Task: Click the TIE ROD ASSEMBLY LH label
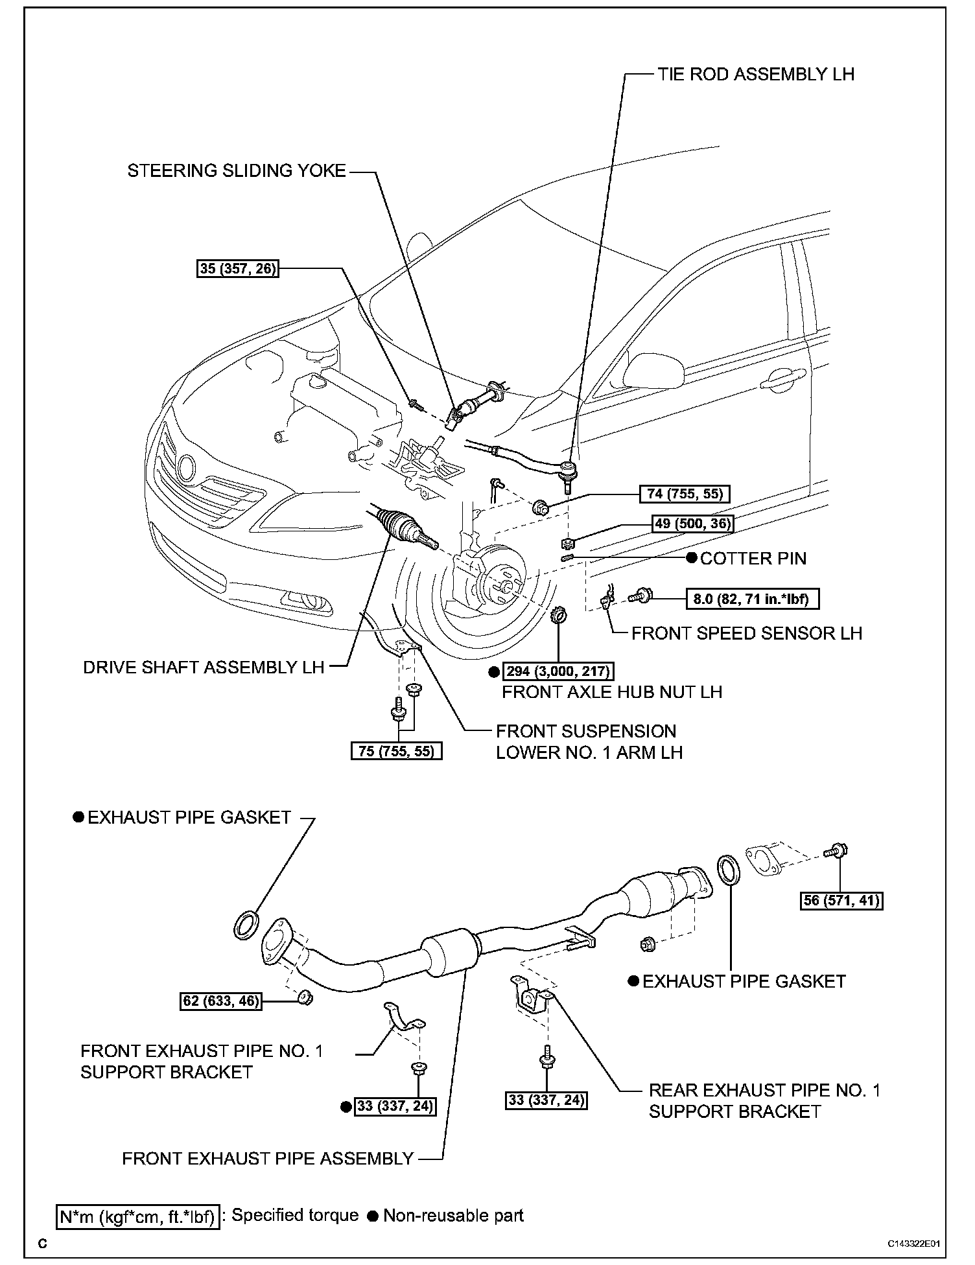coord(756,74)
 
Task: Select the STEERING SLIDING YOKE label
coord(237,170)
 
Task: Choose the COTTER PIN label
coord(753,558)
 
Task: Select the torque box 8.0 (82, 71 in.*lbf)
coord(752,598)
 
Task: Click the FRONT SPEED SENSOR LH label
coord(747,632)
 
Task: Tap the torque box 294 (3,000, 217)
coord(558,671)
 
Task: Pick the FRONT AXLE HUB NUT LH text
coord(612,691)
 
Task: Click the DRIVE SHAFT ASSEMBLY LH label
coord(204,667)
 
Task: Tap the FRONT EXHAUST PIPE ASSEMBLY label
coord(268,1158)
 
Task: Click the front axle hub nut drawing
coord(558,613)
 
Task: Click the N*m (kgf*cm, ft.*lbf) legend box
coord(137,1216)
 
